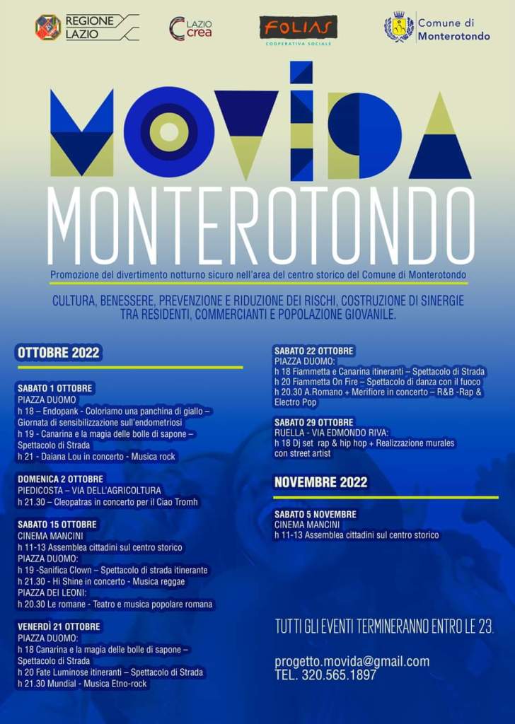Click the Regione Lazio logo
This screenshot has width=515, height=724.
click(48, 27)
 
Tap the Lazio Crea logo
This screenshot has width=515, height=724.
click(190, 28)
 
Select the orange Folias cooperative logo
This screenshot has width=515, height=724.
click(298, 28)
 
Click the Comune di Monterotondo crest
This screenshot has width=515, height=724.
click(399, 27)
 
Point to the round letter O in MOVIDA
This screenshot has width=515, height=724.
click(168, 132)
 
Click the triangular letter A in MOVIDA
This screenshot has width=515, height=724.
click(440, 138)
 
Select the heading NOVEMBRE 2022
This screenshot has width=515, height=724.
click(320, 482)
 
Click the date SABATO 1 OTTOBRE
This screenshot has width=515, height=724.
click(56, 388)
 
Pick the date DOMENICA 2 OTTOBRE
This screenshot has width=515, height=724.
click(60, 479)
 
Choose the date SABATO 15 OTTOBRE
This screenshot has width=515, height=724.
click(57, 525)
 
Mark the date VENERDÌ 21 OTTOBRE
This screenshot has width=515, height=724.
click(59, 626)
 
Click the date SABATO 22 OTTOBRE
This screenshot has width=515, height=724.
click(314, 351)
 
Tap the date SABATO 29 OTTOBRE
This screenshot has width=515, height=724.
click(314, 422)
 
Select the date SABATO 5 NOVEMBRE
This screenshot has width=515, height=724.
click(316, 514)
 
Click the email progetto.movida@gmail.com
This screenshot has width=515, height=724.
click(352, 662)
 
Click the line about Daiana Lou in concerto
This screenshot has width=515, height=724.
click(96, 457)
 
